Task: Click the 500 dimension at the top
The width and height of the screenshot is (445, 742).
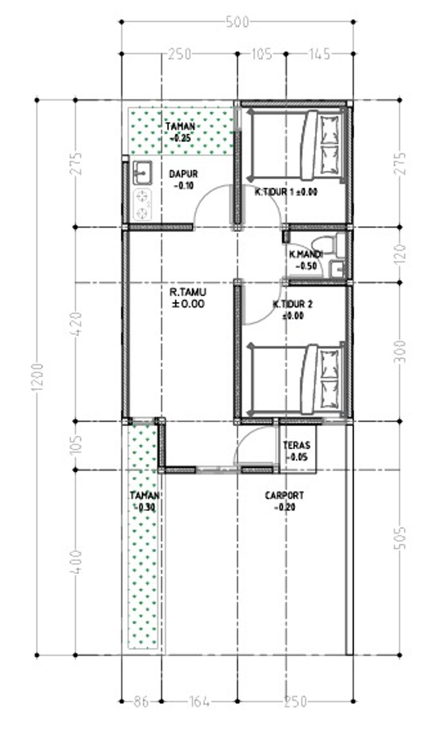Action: [x=237, y=22]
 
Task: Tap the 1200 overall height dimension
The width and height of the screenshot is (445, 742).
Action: [x=38, y=377]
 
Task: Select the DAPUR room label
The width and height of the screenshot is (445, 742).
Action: [x=183, y=174]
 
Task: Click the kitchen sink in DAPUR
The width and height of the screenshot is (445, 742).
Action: [x=143, y=172]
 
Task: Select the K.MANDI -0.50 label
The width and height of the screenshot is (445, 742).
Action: [x=306, y=260]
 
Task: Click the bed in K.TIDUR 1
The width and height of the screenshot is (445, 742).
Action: [x=296, y=146]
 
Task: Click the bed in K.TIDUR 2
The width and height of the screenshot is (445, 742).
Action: [x=296, y=380]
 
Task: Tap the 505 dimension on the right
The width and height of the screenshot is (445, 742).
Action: [x=401, y=537]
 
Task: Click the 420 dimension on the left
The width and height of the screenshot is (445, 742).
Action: [x=76, y=324]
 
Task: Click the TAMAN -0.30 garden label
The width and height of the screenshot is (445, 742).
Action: [x=144, y=501]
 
